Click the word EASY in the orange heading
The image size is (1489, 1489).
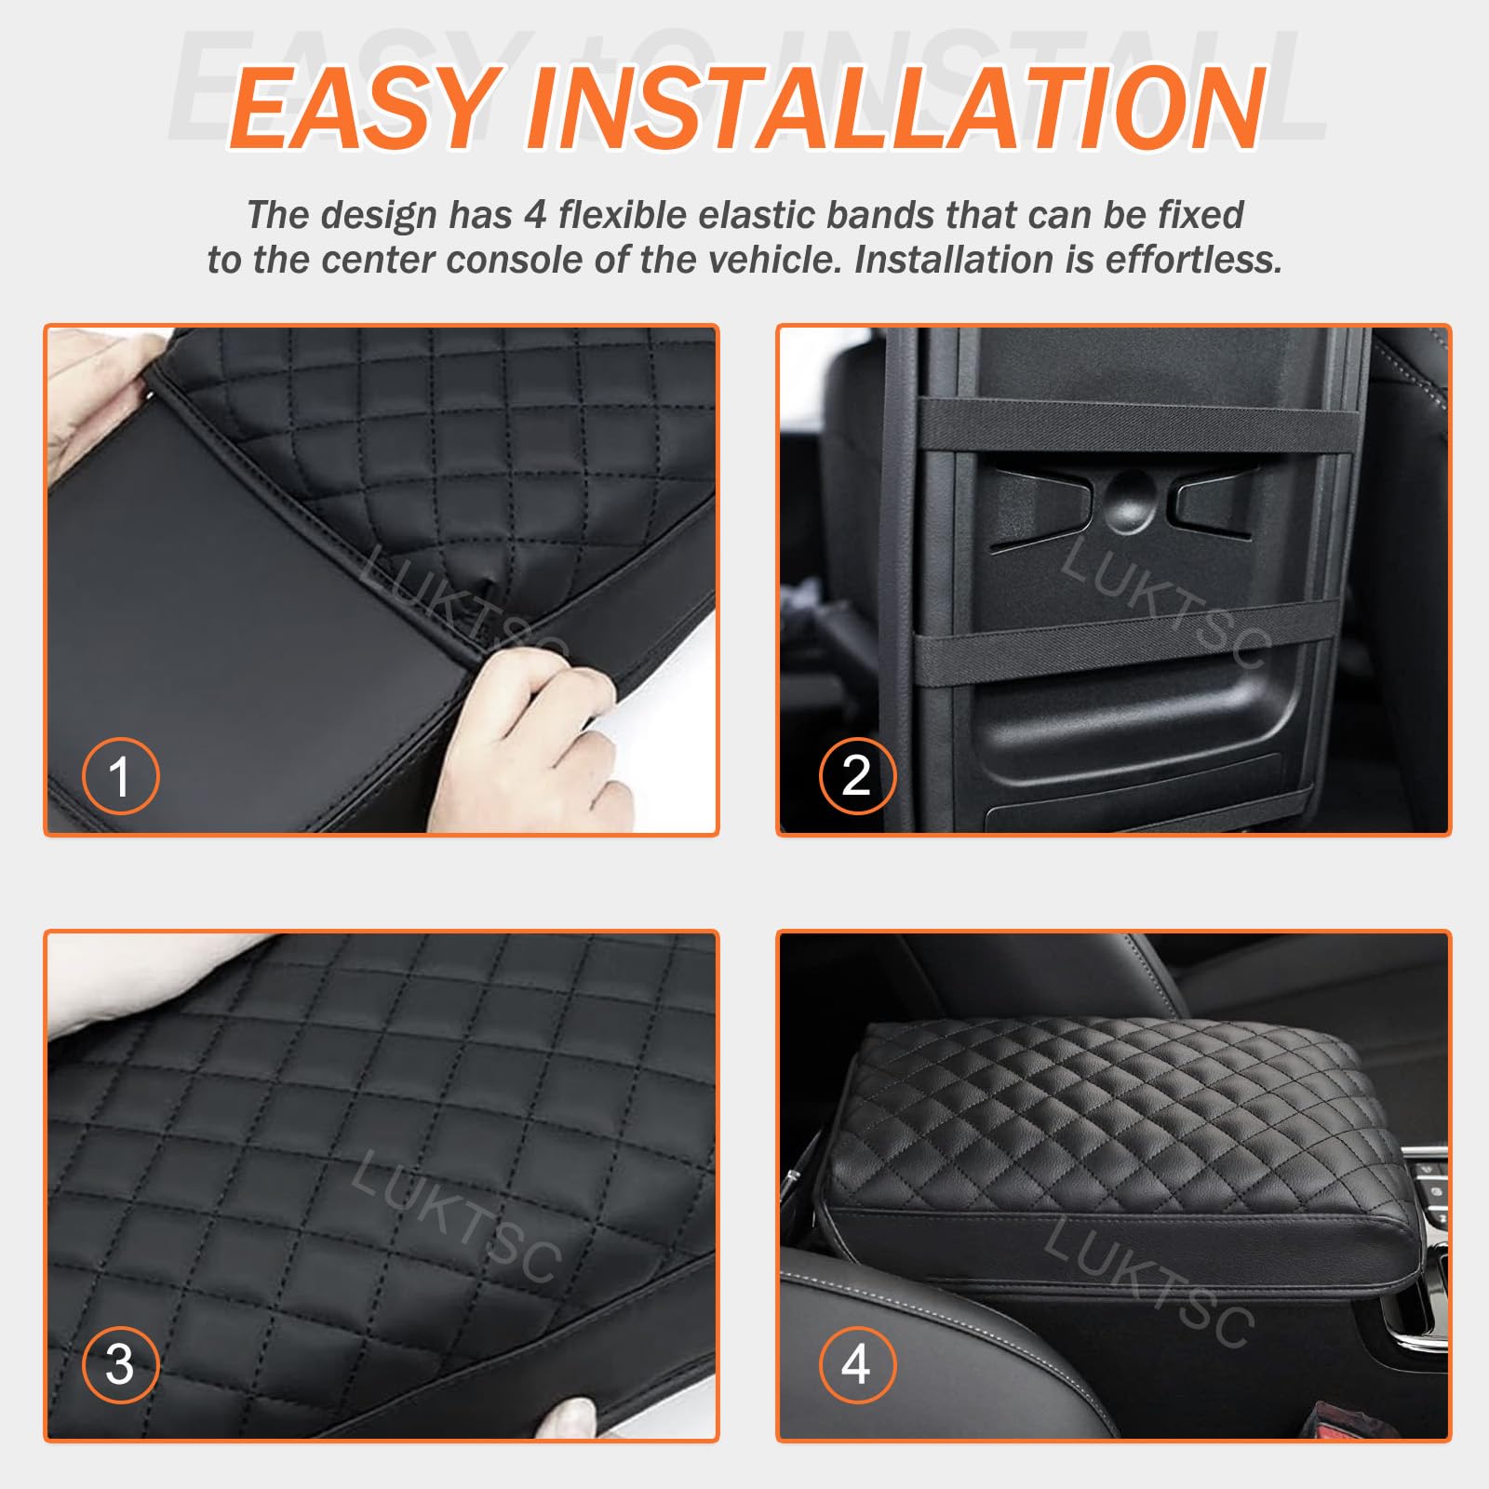tap(363, 108)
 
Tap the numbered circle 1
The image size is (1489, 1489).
tap(120, 775)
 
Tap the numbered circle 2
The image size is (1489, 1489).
tap(857, 775)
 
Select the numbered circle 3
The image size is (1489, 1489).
tap(120, 1364)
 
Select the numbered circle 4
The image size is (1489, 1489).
tap(857, 1364)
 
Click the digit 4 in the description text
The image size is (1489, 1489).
tap(534, 215)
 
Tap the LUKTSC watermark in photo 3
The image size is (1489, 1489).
tap(456, 1214)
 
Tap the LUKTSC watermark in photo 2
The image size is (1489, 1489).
tap(1163, 600)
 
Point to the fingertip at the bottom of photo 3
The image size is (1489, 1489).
tap(570, 1419)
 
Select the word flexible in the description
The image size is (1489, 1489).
tap(624, 215)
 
